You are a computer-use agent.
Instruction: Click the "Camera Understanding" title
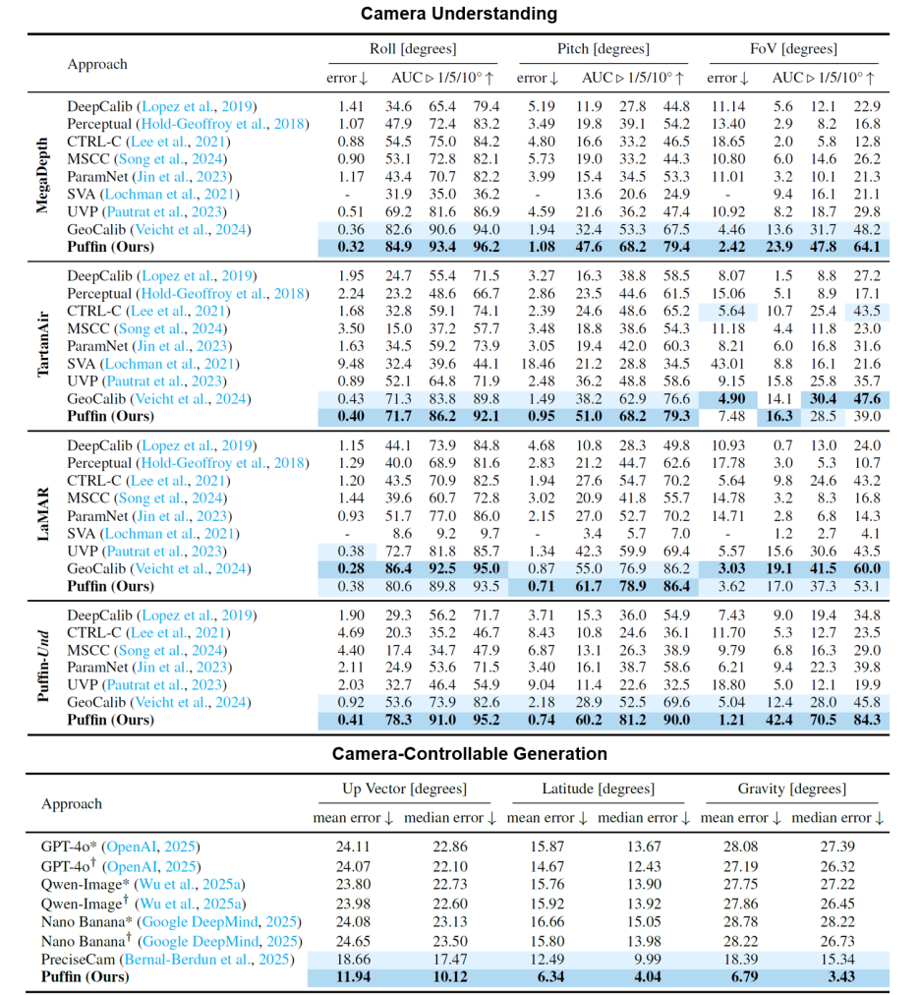pos(459,14)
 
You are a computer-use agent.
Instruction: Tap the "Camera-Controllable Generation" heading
pos(459,754)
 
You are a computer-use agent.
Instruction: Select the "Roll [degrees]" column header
pos(413,49)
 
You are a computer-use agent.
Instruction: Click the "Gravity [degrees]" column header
pos(791,789)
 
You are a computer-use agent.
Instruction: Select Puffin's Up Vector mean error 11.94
pos(354,977)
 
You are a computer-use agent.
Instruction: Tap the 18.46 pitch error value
pos(532,364)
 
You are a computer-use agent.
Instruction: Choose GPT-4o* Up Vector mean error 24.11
pos(354,847)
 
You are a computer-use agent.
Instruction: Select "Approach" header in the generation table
pos(72,804)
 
